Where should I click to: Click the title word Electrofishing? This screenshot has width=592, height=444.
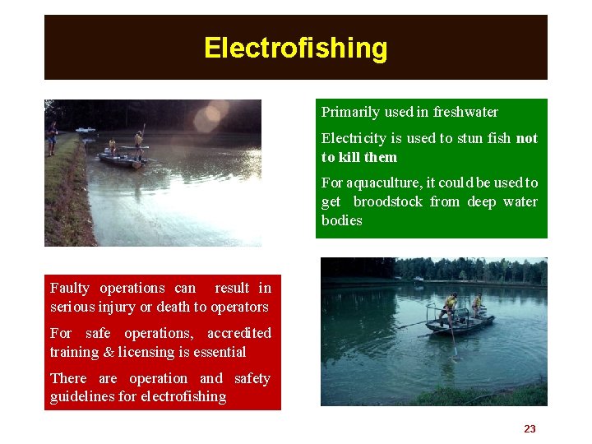(295, 48)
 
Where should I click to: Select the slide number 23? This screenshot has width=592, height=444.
(530, 428)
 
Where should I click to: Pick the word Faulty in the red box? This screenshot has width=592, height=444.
(71, 288)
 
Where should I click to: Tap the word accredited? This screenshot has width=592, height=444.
(238, 333)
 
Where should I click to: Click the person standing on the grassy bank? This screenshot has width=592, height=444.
(52, 137)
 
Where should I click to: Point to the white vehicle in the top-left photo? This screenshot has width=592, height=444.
(85, 130)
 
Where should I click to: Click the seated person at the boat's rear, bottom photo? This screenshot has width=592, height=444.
(478, 306)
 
